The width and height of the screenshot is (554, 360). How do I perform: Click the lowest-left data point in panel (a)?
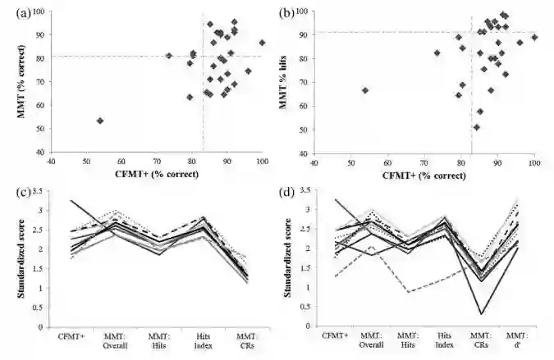(100, 121)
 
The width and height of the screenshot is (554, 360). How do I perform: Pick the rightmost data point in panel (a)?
(262, 43)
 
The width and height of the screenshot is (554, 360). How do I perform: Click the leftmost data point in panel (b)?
(365, 90)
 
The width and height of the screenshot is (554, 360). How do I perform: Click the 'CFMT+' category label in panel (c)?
(72, 335)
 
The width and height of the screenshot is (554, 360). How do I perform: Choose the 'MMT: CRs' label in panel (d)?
(474, 339)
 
